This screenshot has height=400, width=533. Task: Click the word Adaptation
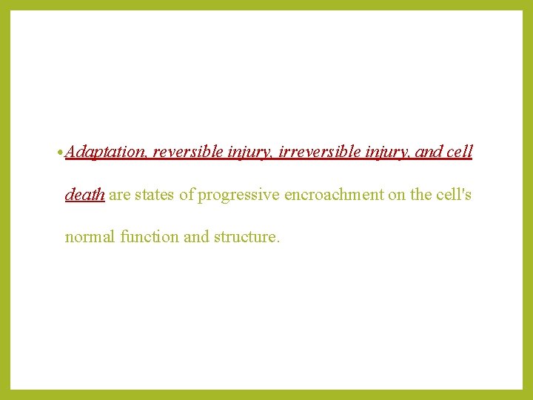coord(106,153)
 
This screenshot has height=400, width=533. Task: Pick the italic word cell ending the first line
coord(460,153)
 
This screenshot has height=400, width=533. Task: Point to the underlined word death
coord(84,195)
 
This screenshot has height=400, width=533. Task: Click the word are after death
coord(120,195)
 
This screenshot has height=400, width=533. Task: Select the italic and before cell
coord(429,153)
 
